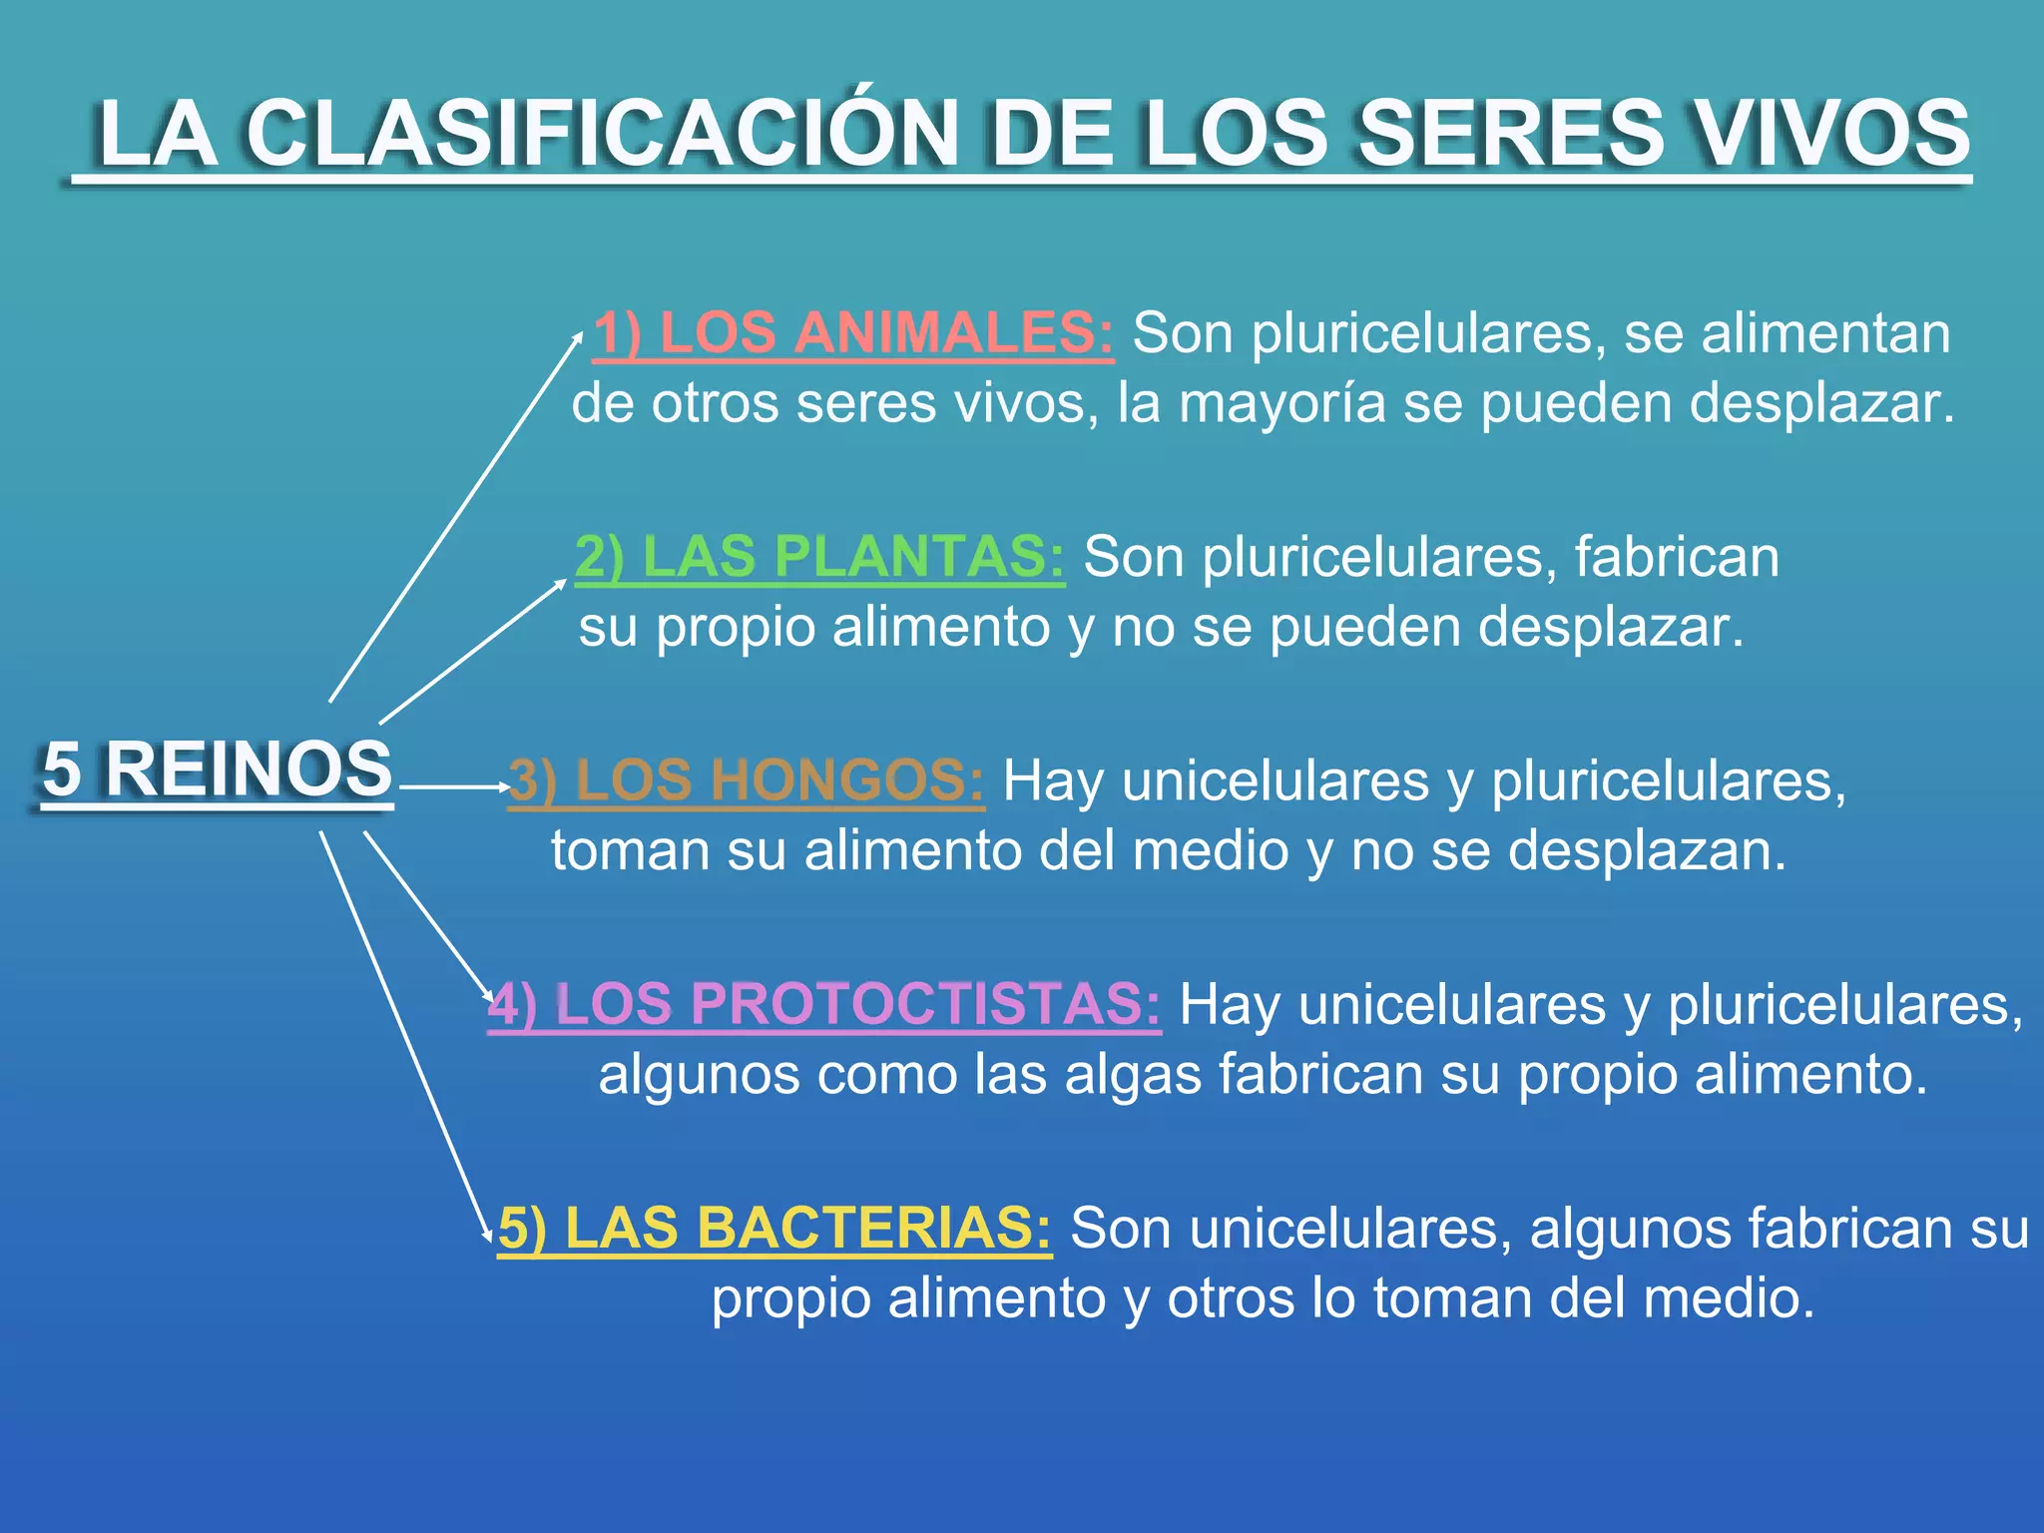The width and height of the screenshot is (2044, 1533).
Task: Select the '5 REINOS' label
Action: click(217, 769)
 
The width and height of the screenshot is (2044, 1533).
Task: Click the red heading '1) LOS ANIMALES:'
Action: click(853, 333)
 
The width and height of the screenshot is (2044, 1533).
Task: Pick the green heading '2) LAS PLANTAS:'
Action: click(819, 557)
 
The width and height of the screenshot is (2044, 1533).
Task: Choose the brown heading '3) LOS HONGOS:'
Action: click(747, 780)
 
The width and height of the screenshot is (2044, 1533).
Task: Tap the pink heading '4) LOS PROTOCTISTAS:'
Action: click(824, 1004)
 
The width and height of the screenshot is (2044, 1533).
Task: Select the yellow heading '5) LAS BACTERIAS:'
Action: click(774, 1228)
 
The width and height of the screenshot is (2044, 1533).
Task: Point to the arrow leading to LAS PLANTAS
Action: click(471, 651)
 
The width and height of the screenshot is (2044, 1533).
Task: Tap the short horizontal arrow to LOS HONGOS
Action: click(454, 787)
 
